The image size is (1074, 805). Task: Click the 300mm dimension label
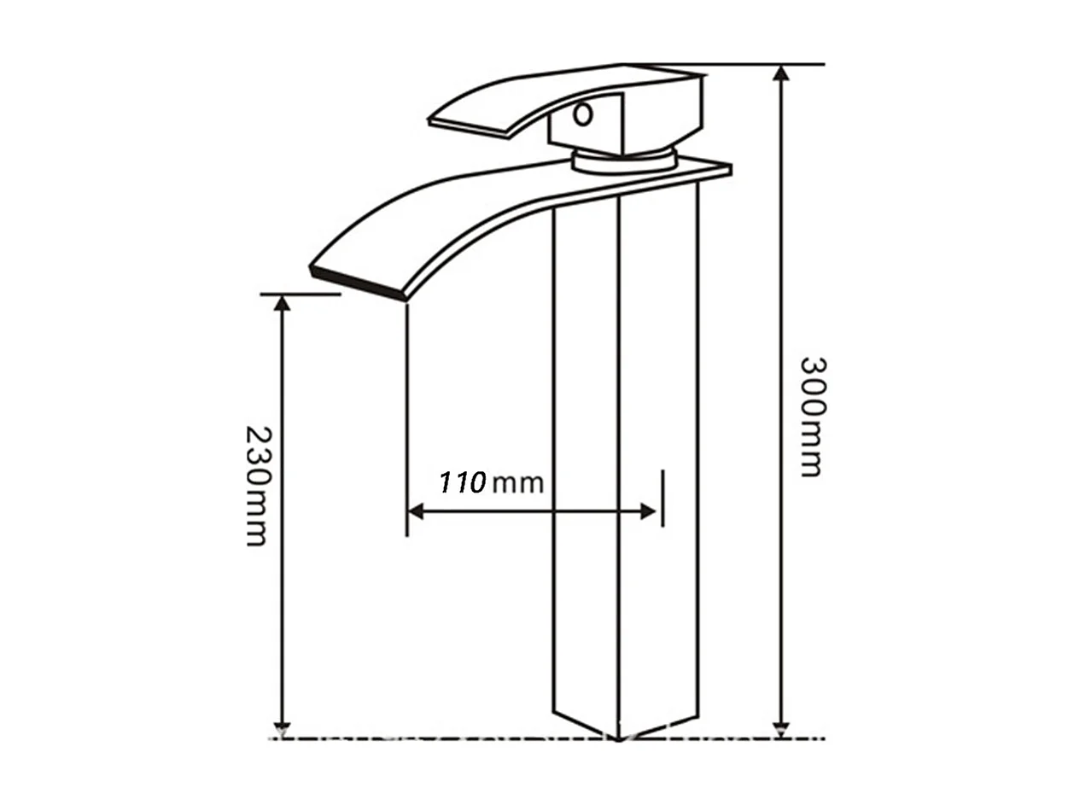(812, 416)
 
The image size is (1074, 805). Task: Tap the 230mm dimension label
(257, 485)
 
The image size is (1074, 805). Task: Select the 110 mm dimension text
(491, 482)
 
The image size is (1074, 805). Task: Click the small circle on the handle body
(583, 114)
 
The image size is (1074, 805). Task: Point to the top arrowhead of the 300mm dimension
(780, 72)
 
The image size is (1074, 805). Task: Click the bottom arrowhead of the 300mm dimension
(780, 729)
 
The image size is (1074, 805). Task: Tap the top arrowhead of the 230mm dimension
(282, 302)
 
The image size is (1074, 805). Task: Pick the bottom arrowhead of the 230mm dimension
(282, 729)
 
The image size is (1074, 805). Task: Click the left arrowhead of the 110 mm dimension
(416, 511)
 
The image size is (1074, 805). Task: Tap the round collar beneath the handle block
(623, 160)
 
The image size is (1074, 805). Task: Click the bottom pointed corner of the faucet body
(617, 736)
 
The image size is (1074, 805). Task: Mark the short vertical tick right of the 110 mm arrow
(662, 498)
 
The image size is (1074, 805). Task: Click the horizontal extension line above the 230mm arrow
(300, 295)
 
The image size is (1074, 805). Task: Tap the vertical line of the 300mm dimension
(780, 256)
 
